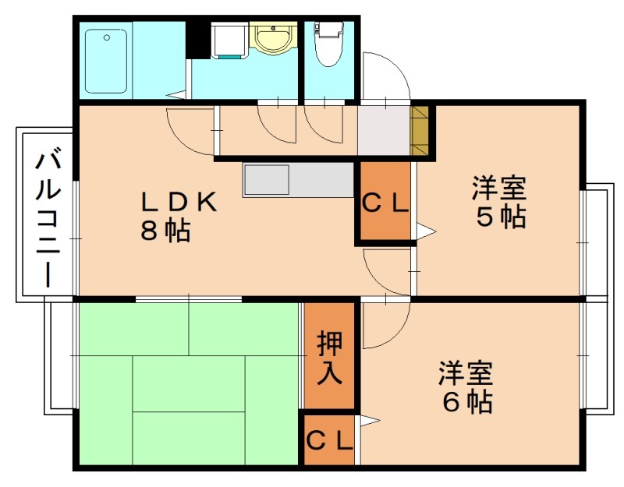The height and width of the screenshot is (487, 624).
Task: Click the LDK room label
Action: [177, 202]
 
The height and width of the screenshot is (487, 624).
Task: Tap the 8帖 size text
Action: [165, 231]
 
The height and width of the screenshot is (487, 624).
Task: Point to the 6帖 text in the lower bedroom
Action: [466, 401]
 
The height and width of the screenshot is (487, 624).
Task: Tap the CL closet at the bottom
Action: [329, 441]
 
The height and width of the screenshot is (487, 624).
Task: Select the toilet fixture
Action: [328, 47]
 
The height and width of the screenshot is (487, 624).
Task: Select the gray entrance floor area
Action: [384, 130]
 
